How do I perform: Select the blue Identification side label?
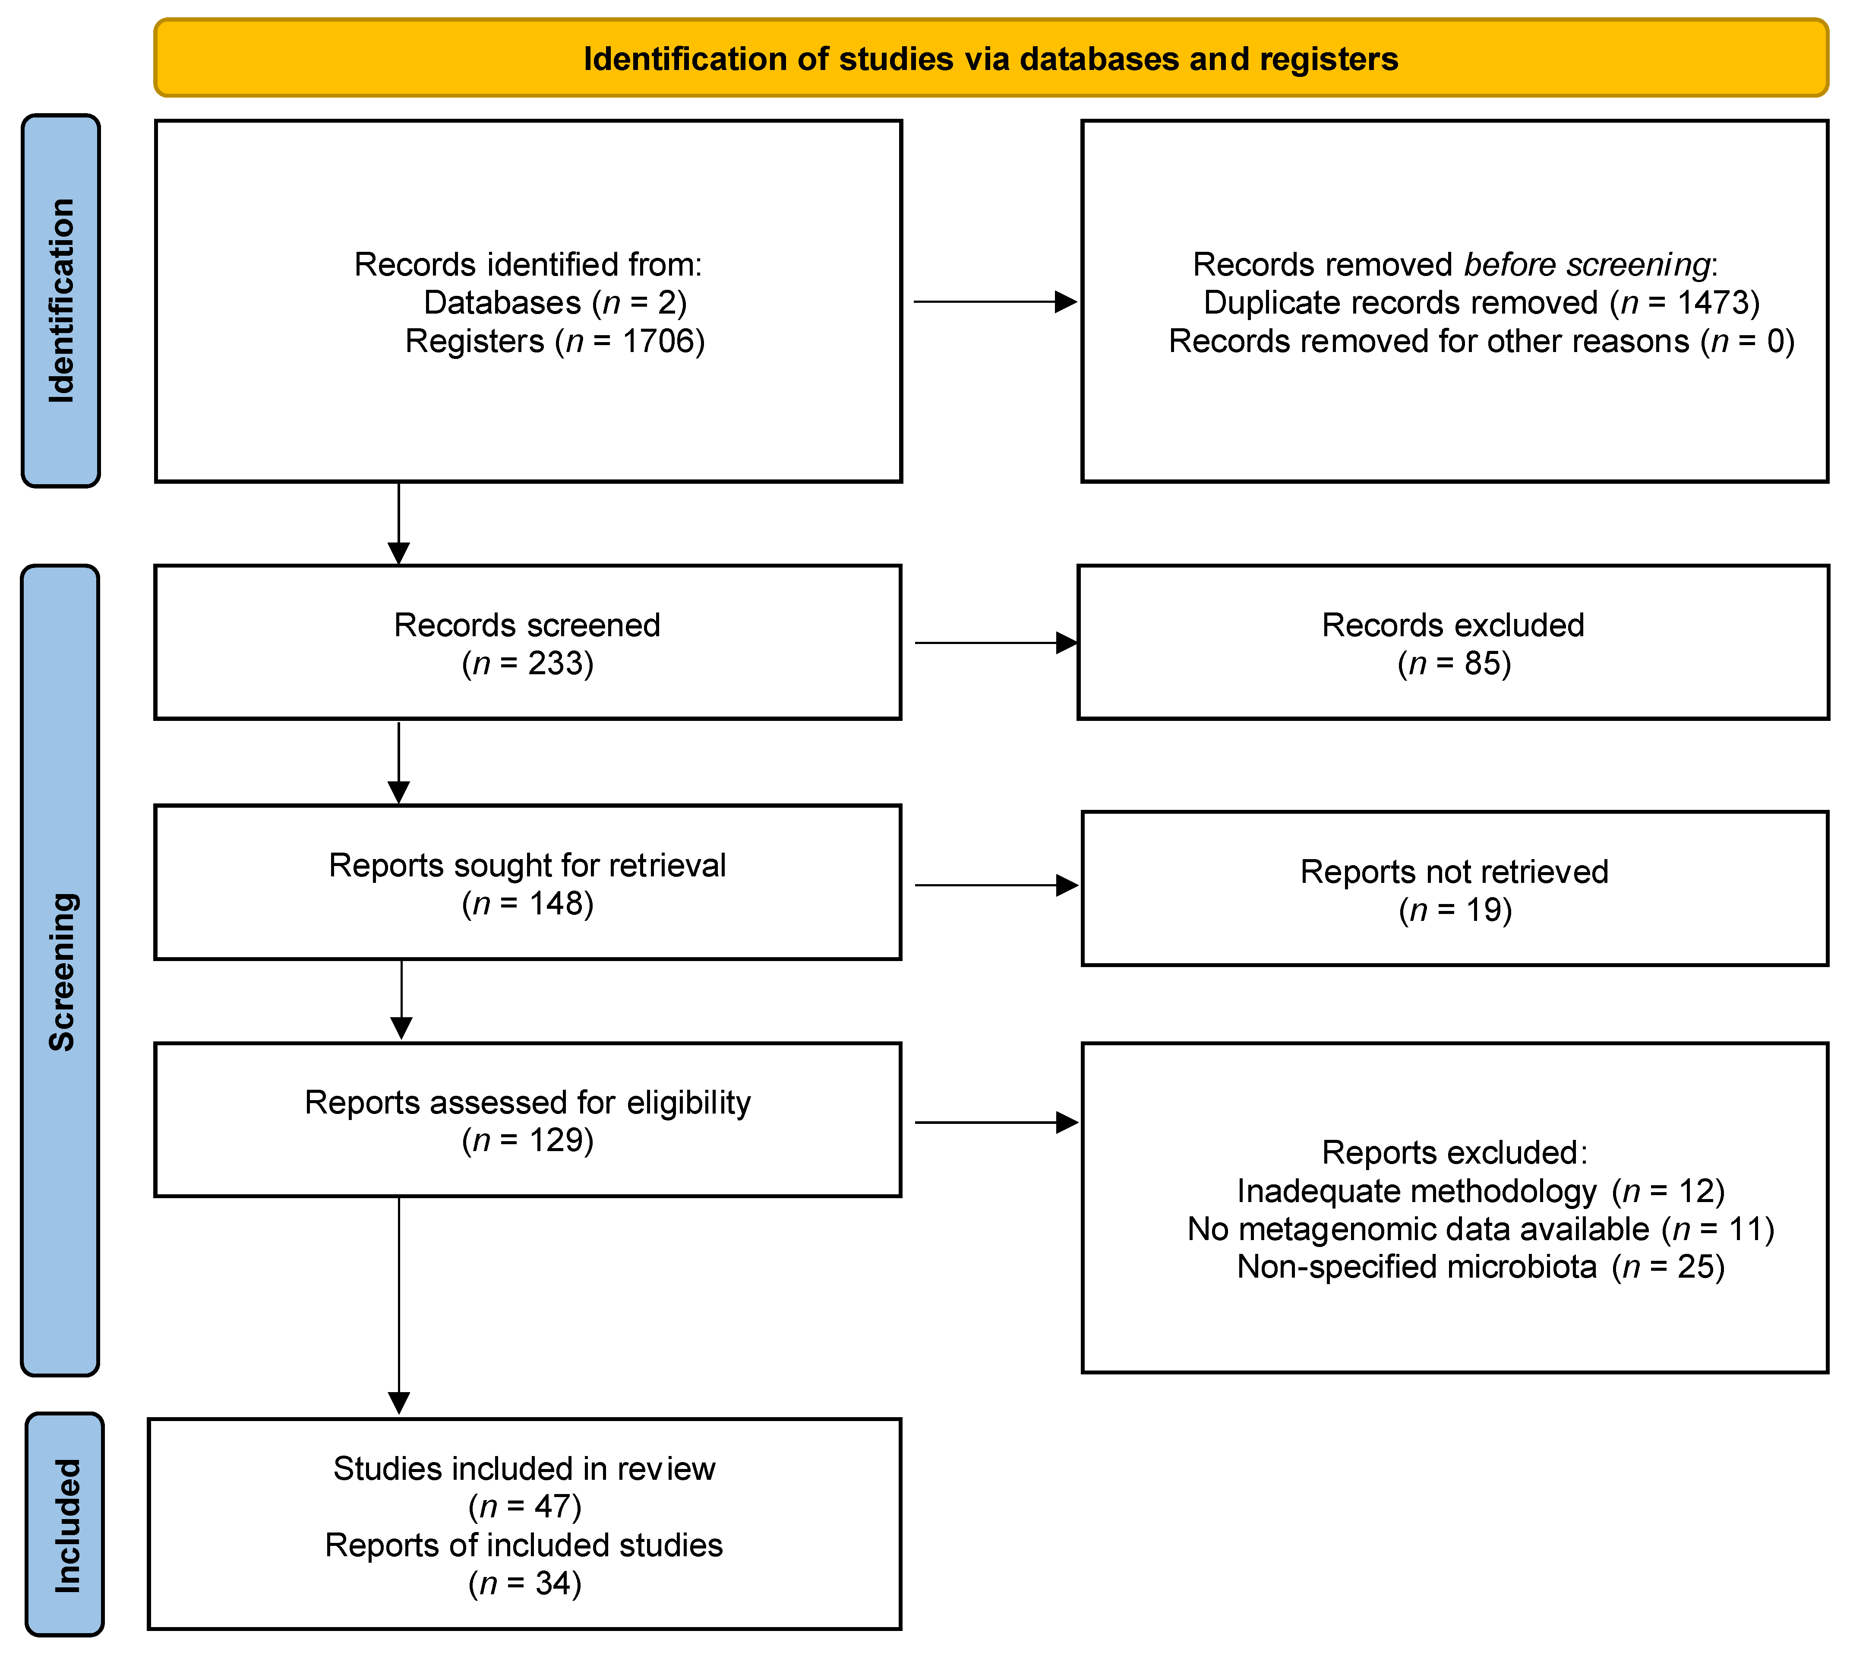point(61,301)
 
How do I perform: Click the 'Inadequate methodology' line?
point(1481,1191)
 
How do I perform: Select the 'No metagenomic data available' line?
point(1481,1229)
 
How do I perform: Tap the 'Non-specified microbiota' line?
point(1481,1267)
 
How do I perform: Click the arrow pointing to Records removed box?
point(995,301)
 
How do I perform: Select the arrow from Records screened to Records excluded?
point(996,643)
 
